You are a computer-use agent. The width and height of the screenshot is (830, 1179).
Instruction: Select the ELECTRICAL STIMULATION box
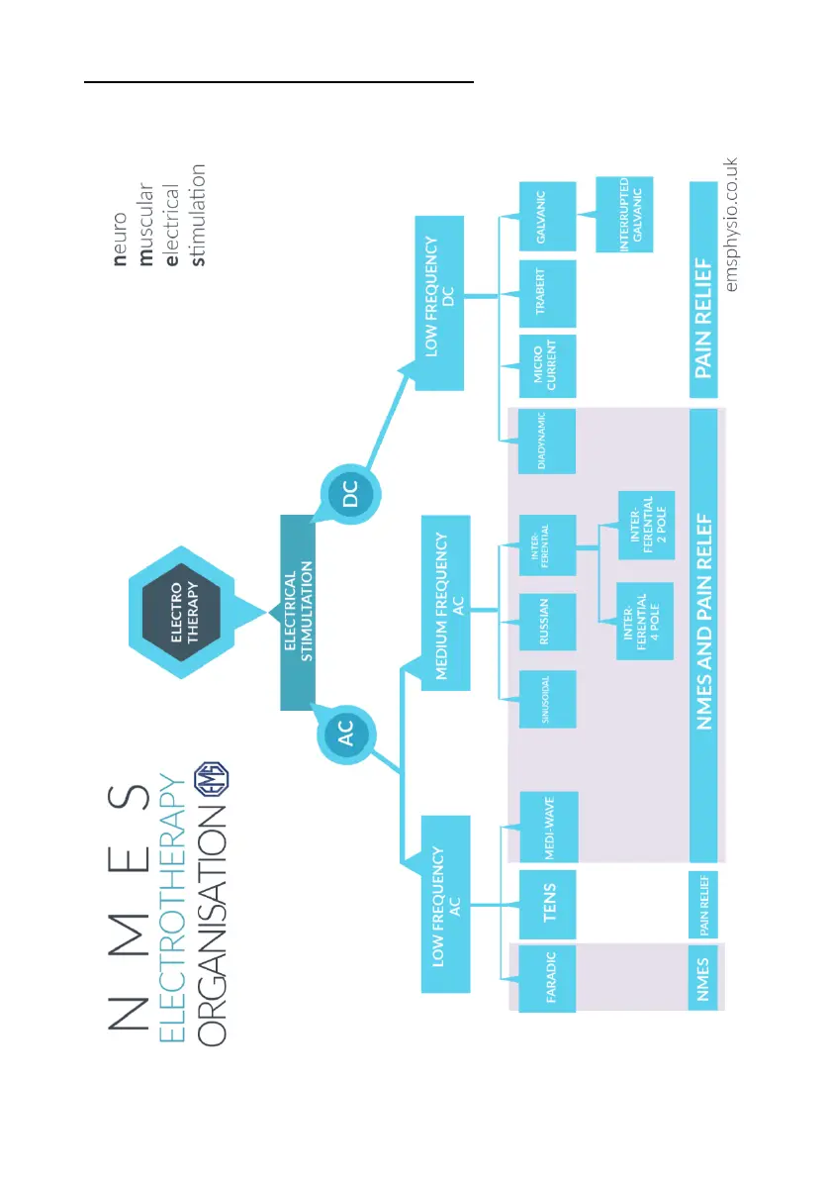(x=298, y=612)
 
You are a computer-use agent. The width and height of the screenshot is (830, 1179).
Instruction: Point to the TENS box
(x=548, y=902)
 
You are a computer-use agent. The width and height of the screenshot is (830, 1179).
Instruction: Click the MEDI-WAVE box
(x=548, y=827)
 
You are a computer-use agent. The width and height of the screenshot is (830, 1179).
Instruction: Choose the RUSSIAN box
(x=548, y=621)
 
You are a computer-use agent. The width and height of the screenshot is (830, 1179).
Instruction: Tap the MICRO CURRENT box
(x=548, y=367)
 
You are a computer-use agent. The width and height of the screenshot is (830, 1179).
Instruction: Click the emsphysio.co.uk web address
(x=732, y=223)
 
